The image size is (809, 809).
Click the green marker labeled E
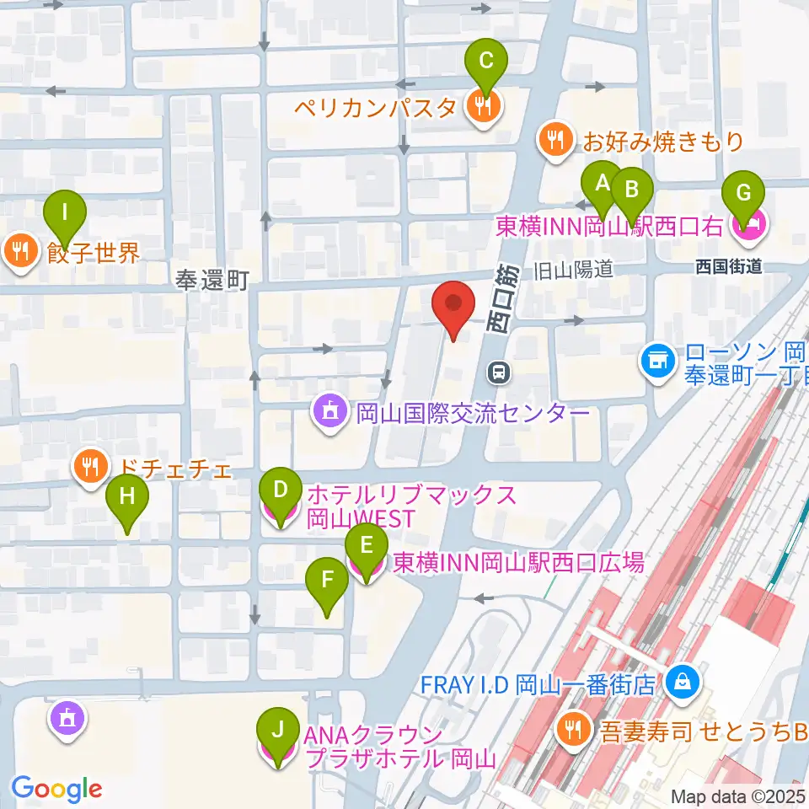pyautogui.click(x=367, y=544)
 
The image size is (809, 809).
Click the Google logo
pyautogui.click(x=56, y=789)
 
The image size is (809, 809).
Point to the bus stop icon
pyautogui.click(x=501, y=372)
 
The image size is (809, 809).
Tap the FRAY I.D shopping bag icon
pyautogui.click(x=679, y=683)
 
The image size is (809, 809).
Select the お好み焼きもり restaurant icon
pyautogui.click(x=555, y=139)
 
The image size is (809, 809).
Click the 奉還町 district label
pyautogui.click(x=213, y=280)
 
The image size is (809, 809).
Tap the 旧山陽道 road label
pyautogui.click(x=571, y=271)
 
